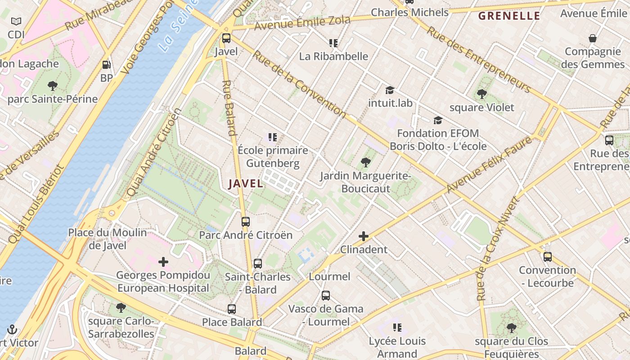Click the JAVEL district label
coord(246,184)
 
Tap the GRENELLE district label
coord(509,16)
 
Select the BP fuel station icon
coord(107,65)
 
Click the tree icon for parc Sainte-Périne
coord(53,86)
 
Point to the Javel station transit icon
coord(226,38)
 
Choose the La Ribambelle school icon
coord(333,43)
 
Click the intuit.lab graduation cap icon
coord(390,90)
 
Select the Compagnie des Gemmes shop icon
coord(593,38)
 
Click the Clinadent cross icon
coord(364,236)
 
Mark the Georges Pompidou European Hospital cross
coord(163,262)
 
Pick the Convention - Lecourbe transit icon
coord(548,257)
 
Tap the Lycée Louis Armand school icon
coord(397,328)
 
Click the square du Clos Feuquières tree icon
coord(511,328)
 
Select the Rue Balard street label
coord(229,108)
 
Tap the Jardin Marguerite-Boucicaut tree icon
coord(365,162)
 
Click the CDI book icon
coord(16,22)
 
